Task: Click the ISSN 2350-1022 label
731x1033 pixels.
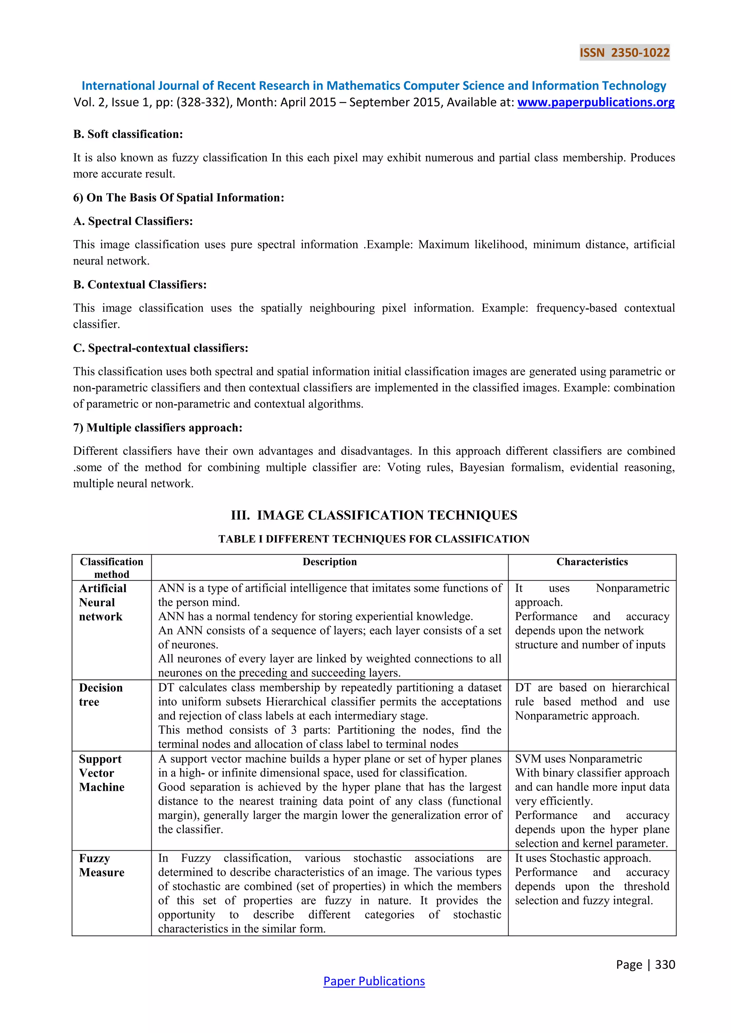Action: (624, 53)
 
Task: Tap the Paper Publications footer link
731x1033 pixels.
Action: (374, 981)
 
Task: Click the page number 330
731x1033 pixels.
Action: (665, 964)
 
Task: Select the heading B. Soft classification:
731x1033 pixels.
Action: (128, 134)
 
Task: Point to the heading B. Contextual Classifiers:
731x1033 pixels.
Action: (140, 284)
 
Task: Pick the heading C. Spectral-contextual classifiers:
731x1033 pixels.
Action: (161, 348)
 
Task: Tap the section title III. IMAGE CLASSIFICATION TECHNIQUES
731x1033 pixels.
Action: (374, 515)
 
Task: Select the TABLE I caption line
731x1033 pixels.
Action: (374, 539)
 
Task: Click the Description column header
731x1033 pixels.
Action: (329, 561)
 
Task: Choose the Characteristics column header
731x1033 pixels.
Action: (592, 561)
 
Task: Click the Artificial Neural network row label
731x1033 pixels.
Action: (103, 602)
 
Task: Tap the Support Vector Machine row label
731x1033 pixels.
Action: (101, 773)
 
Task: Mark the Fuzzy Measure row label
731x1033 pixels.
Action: (101, 865)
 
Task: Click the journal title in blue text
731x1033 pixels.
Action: (374, 86)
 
